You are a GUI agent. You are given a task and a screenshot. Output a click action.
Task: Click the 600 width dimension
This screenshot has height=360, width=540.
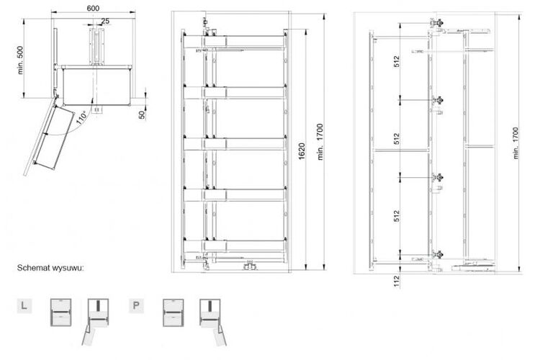tap(93, 8)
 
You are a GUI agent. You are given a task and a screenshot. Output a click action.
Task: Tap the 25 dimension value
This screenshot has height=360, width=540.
tap(105, 21)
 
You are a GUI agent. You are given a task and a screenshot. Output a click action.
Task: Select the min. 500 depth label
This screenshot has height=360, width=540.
tap(20, 60)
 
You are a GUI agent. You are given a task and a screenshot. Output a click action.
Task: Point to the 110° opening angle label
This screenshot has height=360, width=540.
tap(81, 117)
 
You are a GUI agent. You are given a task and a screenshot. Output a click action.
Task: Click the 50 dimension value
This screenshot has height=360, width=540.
tap(142, 114)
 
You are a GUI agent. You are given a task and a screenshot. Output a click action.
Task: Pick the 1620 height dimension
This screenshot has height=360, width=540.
tap(302, 151)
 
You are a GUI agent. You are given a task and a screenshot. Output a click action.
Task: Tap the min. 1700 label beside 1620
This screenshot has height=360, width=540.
tap(320, 142)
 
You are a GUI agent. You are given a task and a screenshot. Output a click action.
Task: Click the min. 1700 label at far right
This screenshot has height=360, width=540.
tap(516, 143)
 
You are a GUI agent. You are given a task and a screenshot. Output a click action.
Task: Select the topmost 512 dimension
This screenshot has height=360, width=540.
tap(397, 61)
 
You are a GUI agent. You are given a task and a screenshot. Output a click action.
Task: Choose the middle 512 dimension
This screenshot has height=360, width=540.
tap(397, 138)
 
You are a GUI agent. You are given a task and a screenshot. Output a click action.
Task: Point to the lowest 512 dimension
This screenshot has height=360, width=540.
tap(397, 216)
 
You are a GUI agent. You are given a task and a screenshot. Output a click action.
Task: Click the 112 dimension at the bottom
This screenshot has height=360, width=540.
tap(397, 281)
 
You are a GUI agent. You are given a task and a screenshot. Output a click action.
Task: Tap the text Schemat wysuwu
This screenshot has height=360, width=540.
tap(50, 268)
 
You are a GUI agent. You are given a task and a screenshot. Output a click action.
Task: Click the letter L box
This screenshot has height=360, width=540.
tap(24, 305)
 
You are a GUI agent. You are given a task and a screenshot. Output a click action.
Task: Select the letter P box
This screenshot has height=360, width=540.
tap(136, 305)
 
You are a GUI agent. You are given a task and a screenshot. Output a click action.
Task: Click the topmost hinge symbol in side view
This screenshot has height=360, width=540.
tap(438, 23)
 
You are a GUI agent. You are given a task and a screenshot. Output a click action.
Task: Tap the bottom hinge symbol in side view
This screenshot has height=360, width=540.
tap(438, 255)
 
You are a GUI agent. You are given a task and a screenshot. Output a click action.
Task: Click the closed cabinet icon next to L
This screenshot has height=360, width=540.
tap(61, 312)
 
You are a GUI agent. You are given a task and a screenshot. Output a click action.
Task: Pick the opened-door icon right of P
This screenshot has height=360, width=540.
tap(212, 321)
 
